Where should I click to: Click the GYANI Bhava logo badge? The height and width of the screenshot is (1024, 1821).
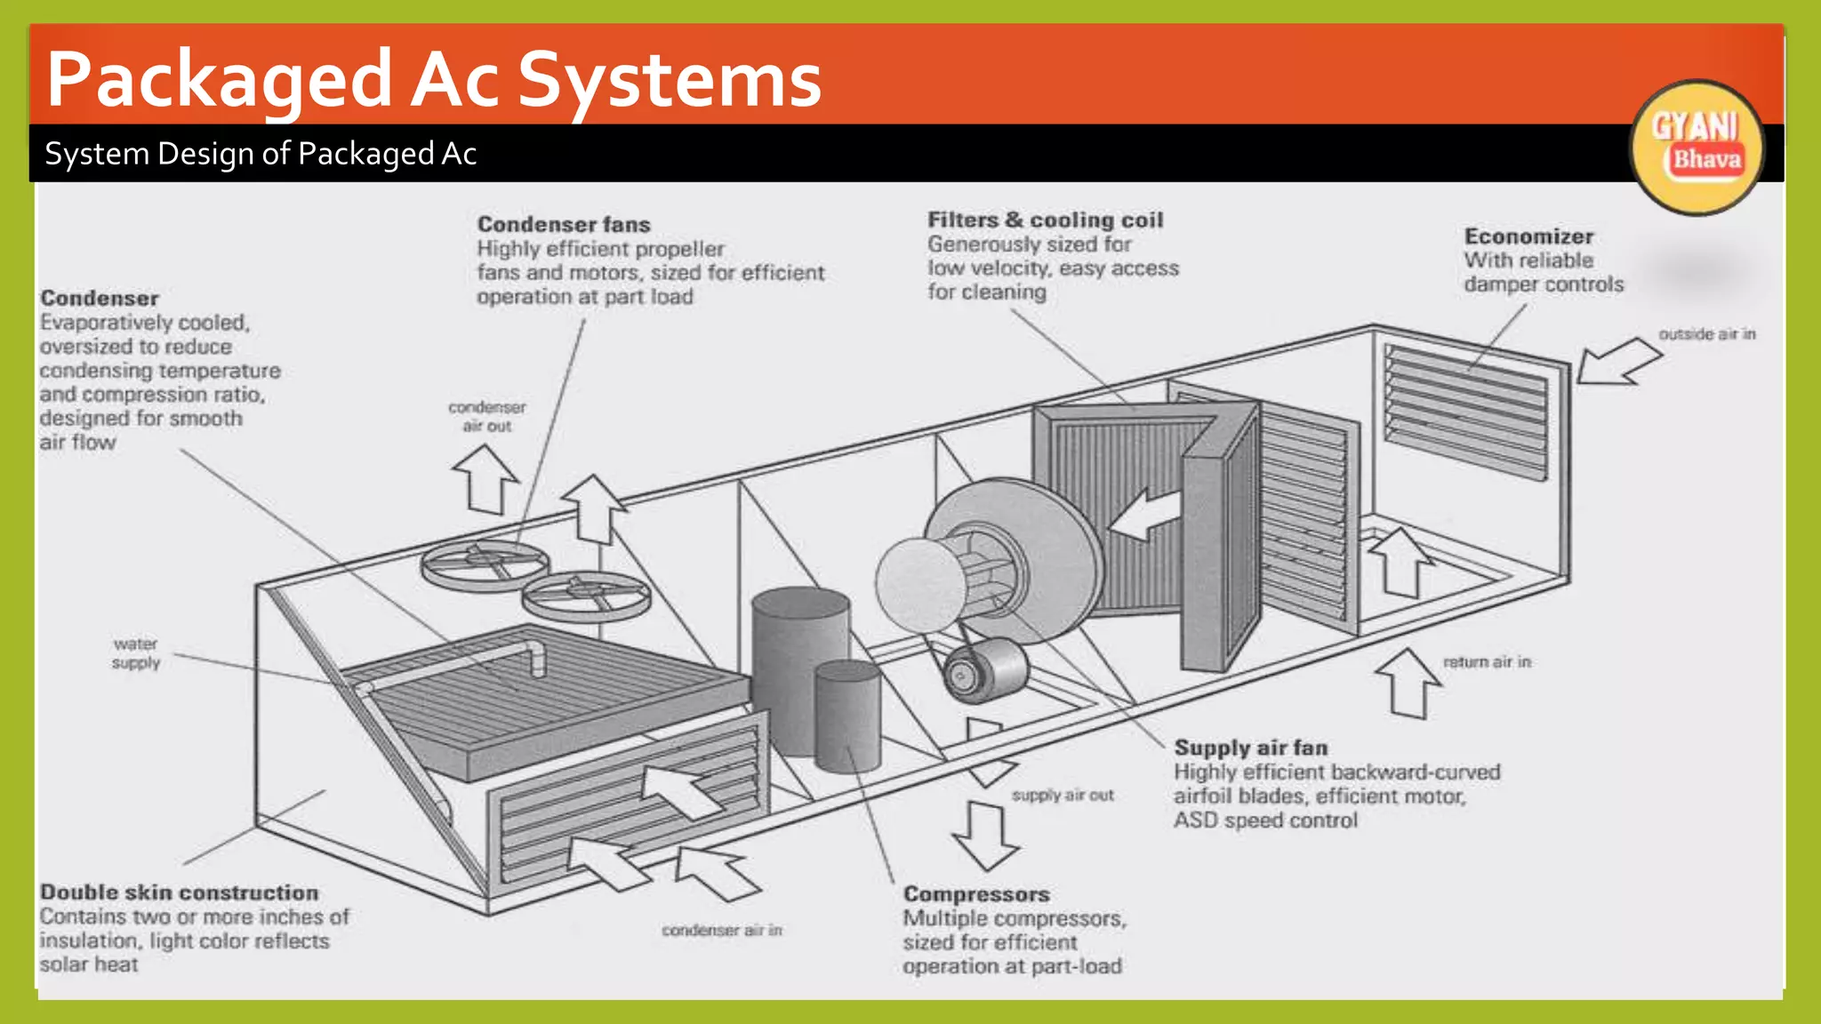(x=1697, y=147)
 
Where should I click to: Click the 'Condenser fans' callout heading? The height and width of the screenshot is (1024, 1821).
(x=563, y=224)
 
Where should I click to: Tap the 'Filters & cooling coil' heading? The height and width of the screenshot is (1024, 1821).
(x=1045, y=220)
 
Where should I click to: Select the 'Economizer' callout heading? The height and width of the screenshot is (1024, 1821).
(x=1528, y=236)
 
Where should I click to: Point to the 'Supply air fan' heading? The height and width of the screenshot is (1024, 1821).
(x=1250, y=748)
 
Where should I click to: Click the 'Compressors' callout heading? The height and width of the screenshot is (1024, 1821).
(x=976, y=893)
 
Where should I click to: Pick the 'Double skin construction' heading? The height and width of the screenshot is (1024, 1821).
(x=179, y=892)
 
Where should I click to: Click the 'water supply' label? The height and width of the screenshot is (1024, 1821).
(x=135, y=652)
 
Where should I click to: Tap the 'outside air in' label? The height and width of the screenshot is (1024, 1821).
(x=1706, y=334)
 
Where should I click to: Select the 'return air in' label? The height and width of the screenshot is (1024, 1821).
(x=1487, y=661)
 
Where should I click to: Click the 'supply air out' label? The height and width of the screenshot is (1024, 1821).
(x=1062, y=795)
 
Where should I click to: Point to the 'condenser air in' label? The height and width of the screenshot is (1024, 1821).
(x=721, y=930)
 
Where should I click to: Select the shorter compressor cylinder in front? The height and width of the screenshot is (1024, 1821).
(x=847, y=716)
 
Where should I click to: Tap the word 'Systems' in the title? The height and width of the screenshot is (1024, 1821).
(x=670, y=80)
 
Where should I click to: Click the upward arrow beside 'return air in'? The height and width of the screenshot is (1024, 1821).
(x=1408, y=682)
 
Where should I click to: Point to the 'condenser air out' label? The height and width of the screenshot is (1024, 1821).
(x=486, y=416)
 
